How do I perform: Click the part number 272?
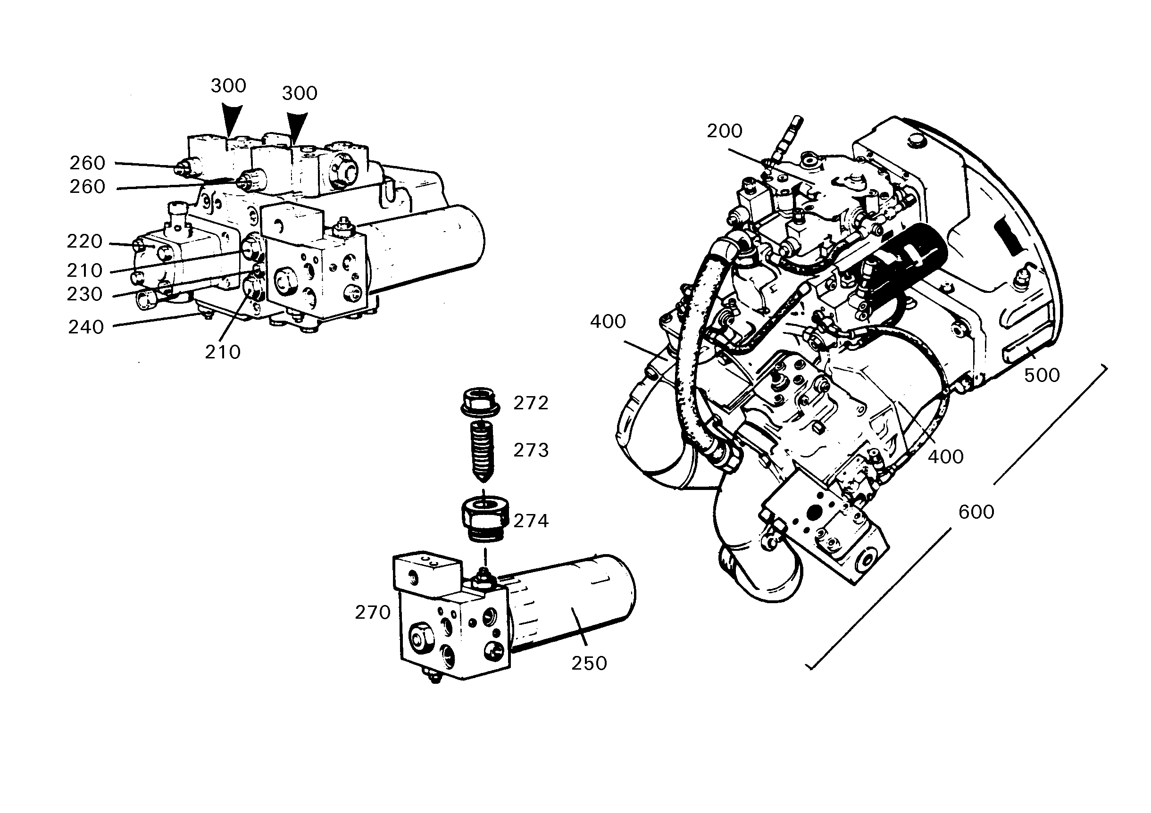[531, 403]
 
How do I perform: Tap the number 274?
[531, 521]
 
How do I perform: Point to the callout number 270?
[373, 613]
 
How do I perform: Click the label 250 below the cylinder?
[589, 664]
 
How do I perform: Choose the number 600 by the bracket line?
[976, 512]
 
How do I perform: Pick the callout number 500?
[1042, 375]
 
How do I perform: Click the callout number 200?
[725, 131]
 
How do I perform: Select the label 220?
[85, 241]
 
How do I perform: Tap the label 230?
[85, 294]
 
